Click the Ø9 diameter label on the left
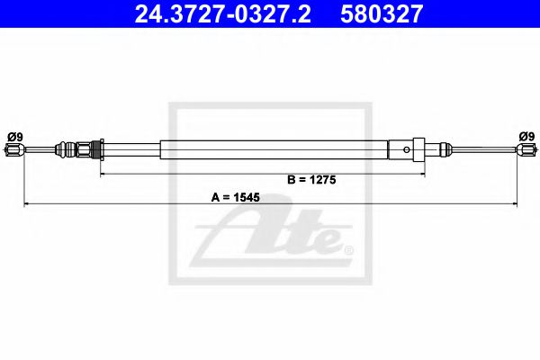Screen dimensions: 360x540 pos(14,136)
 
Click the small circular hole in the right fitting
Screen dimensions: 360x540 pos(408,149)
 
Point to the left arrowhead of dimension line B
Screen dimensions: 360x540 pos(103,170)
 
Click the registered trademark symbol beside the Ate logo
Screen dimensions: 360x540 pos(348,249)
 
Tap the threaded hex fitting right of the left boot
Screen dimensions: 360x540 pos(85,148)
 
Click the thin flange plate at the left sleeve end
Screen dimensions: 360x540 pos(102,148)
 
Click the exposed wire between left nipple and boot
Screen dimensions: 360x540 pos(38,150)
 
